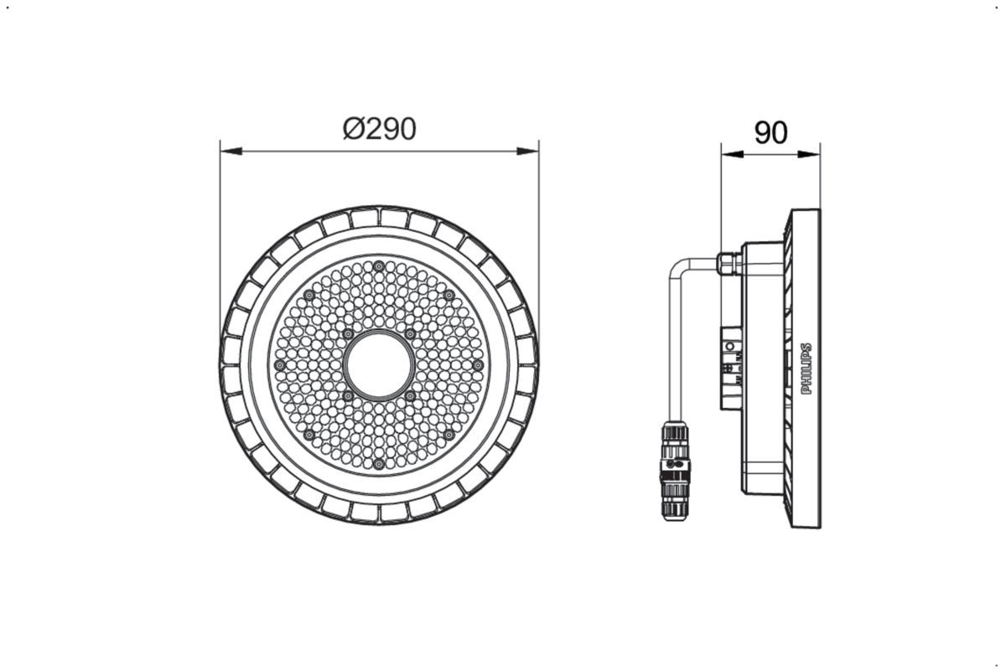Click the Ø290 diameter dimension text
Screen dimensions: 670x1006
379,129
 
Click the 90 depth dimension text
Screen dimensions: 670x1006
770,132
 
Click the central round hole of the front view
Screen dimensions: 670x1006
379,365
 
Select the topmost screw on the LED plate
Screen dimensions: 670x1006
379,266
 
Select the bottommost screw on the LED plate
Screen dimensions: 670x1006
379,463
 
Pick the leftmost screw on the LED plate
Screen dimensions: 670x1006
280,365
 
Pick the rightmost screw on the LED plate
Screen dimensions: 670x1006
477,365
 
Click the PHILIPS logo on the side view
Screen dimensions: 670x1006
807,368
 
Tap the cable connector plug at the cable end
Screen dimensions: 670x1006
676,469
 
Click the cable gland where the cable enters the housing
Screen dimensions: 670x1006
729,264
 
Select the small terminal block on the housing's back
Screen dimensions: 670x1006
731,366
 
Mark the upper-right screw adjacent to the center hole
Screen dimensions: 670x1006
410,334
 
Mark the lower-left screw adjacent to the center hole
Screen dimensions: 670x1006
348,395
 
